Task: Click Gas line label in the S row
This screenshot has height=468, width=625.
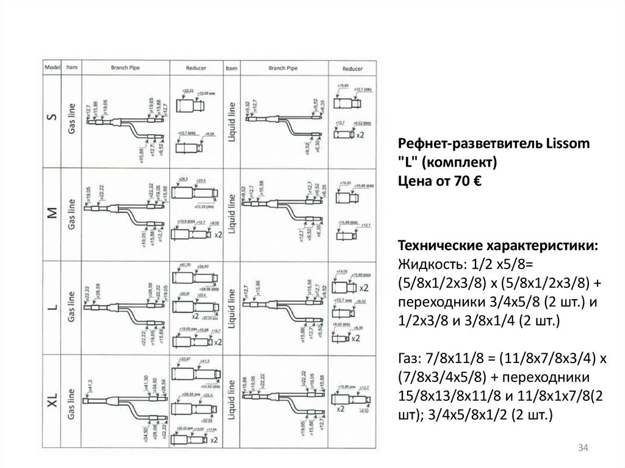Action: [71, 117]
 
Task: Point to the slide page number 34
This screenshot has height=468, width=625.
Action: [582, 449]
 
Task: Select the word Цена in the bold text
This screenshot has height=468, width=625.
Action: [413, 181]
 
